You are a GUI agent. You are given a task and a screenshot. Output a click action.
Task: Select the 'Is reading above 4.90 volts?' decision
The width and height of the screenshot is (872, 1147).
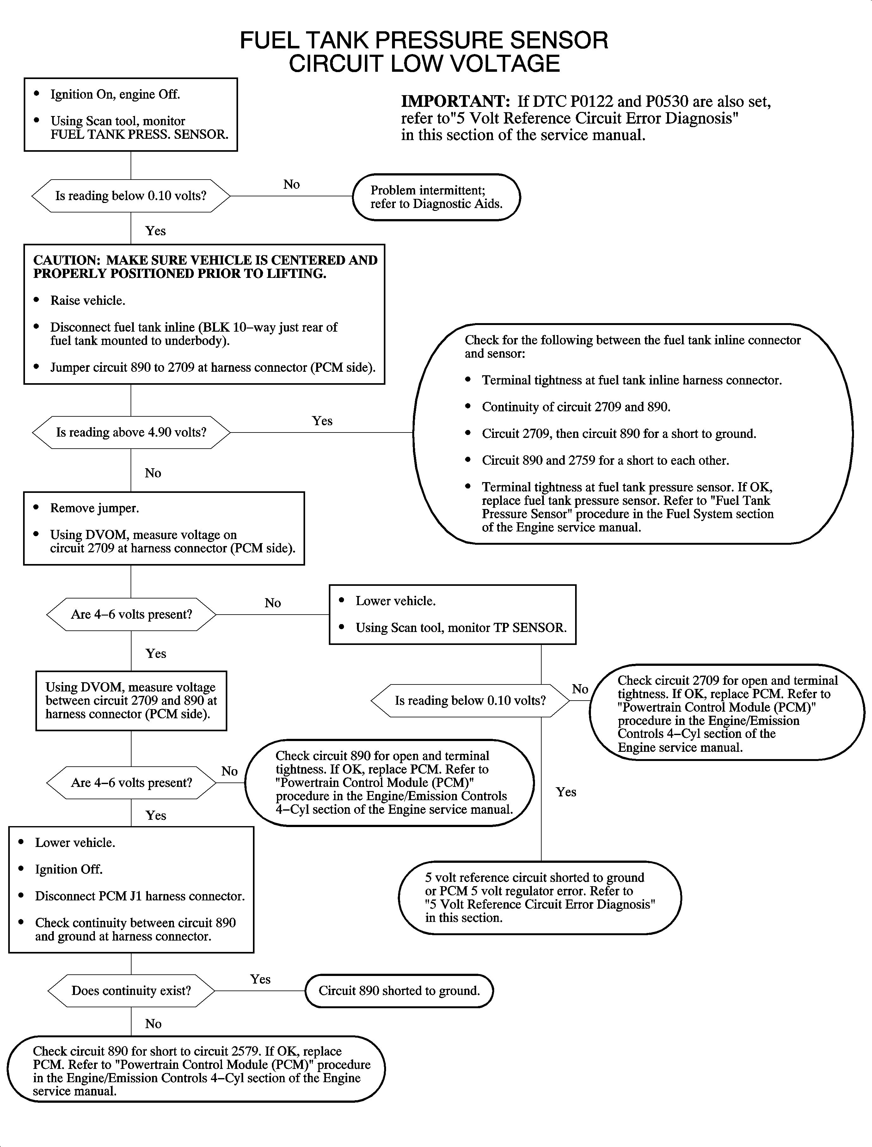131,432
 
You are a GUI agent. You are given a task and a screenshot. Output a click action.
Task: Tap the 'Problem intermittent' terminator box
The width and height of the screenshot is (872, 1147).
436,197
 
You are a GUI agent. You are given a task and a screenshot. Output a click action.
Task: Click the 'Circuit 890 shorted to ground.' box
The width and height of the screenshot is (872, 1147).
399,991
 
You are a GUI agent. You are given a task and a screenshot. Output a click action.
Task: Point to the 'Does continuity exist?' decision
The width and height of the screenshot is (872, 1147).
131,991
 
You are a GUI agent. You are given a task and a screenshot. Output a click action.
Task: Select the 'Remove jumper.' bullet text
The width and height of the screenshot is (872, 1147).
95,508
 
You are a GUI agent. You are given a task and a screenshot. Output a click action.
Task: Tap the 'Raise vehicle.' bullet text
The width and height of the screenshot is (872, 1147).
87,301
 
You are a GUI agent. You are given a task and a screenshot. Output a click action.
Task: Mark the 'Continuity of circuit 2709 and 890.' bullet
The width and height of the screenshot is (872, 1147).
576,407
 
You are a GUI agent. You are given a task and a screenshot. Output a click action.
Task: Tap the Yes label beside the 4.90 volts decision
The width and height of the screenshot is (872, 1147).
322,421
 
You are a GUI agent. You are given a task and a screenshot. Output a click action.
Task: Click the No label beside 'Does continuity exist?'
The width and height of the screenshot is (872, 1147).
153,1024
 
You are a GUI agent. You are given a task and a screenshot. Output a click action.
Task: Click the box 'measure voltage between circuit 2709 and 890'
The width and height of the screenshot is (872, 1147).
131,701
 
